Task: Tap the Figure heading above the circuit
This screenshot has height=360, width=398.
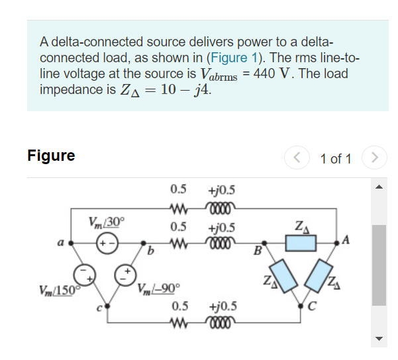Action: (51, 156)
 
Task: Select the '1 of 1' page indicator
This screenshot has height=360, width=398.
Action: (335, 159)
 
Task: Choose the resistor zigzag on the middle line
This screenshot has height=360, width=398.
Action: (177, 243)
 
